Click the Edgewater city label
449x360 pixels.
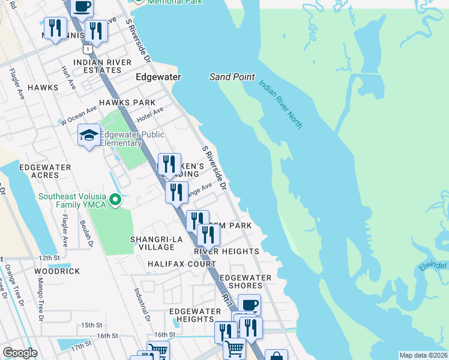pyautogui.click(x=158, y=77)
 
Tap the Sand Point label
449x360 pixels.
pyautogui.click(x=232, y=77)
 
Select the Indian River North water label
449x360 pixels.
pyautogui.click(x=281, y=103)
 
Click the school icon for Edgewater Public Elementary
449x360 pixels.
pyautogui.click(x=89, y=135)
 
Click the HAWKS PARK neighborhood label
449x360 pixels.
pyautogui.click(x=127, y=103)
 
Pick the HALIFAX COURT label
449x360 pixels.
pyautogui.click(x=181, y=264)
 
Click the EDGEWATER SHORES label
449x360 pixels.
pyautogui.click(x=245, y=282)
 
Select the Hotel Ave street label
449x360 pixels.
pyautogui.click(x=150, y=113)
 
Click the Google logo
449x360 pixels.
pyautogui.click(x=20, y=353)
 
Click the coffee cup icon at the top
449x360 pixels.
pyautogui.click(x=82, y=7)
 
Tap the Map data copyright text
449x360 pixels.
pyautogui.click(x=422, y=355)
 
